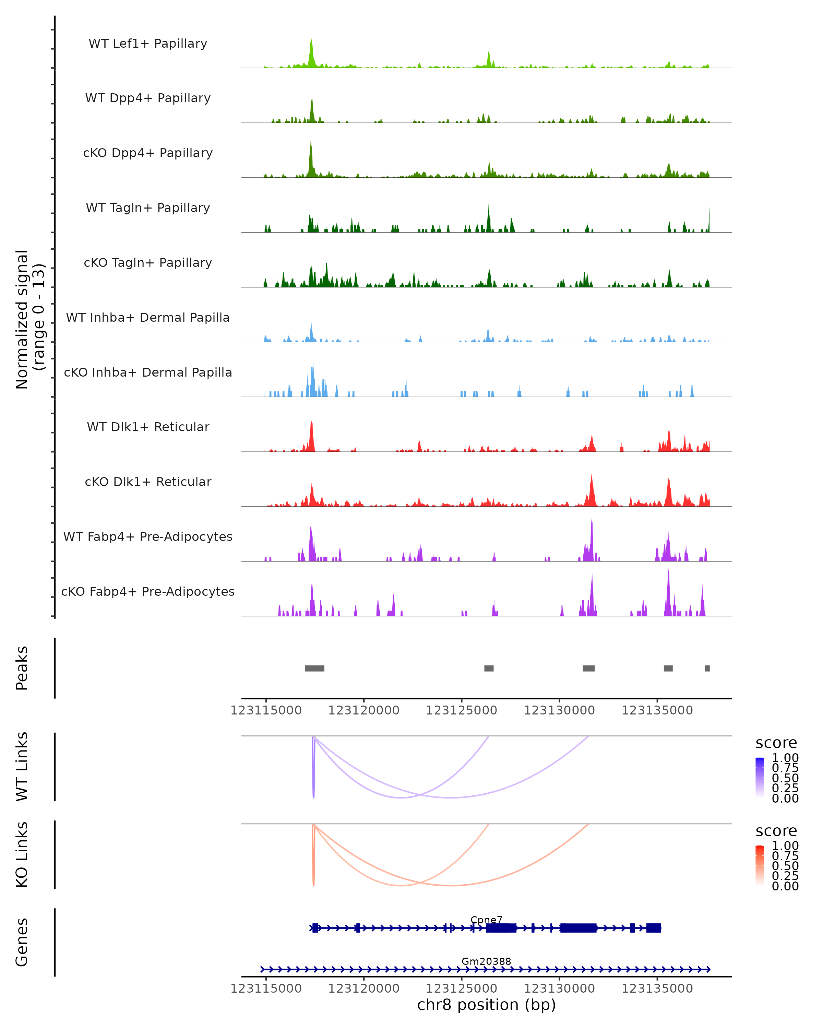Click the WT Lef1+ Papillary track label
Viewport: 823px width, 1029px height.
148,44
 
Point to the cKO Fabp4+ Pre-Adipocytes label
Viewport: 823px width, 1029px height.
148,591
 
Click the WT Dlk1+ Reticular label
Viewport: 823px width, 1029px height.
148,427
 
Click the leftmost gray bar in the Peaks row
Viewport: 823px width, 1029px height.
314,668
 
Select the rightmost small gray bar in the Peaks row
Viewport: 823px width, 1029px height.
707,668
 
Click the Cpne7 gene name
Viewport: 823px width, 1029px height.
486,920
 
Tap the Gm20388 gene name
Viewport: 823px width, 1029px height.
486,961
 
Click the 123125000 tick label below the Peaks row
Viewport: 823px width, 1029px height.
461,710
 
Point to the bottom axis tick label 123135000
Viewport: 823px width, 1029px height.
657,989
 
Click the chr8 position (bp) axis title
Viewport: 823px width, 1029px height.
486,1005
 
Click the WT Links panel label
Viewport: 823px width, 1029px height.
22,767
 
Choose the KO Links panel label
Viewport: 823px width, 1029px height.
22,854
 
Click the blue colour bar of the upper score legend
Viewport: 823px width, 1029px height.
760,777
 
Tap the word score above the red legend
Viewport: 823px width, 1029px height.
776,831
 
